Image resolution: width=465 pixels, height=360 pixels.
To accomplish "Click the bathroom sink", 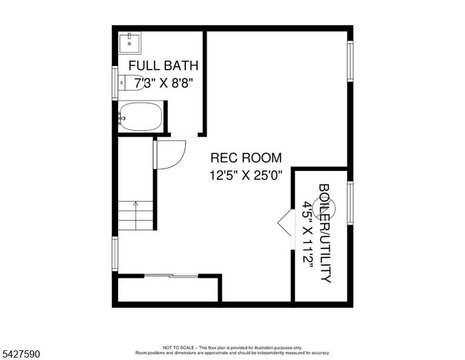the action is pos(130,43).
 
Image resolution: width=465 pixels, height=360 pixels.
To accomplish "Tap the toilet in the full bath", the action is pos(131,83).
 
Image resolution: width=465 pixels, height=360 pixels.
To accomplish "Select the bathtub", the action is pos(141,116).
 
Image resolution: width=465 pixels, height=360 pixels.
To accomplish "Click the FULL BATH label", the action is pos(163,65).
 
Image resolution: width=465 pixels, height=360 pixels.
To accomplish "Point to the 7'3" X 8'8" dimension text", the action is pos(163,83).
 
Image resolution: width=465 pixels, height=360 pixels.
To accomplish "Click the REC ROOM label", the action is pos(246,158).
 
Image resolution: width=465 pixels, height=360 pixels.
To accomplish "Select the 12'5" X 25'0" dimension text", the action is pos(246,175).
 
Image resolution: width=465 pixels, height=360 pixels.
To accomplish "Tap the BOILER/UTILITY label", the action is pos(325,233).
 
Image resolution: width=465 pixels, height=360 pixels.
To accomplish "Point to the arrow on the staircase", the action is pos(136,216).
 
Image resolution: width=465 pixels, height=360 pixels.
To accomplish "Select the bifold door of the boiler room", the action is pos(285,222).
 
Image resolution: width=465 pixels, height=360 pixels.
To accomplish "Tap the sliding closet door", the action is pos(171,276).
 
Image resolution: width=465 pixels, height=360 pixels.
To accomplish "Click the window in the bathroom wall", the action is pos(115,83).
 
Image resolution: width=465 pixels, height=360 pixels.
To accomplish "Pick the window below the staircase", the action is pos(115,254).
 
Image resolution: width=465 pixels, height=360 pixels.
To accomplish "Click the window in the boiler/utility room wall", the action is pos(350,203).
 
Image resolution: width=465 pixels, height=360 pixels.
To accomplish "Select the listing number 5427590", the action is pos(21,354).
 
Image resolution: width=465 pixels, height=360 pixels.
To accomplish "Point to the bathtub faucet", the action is pos(122,118).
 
